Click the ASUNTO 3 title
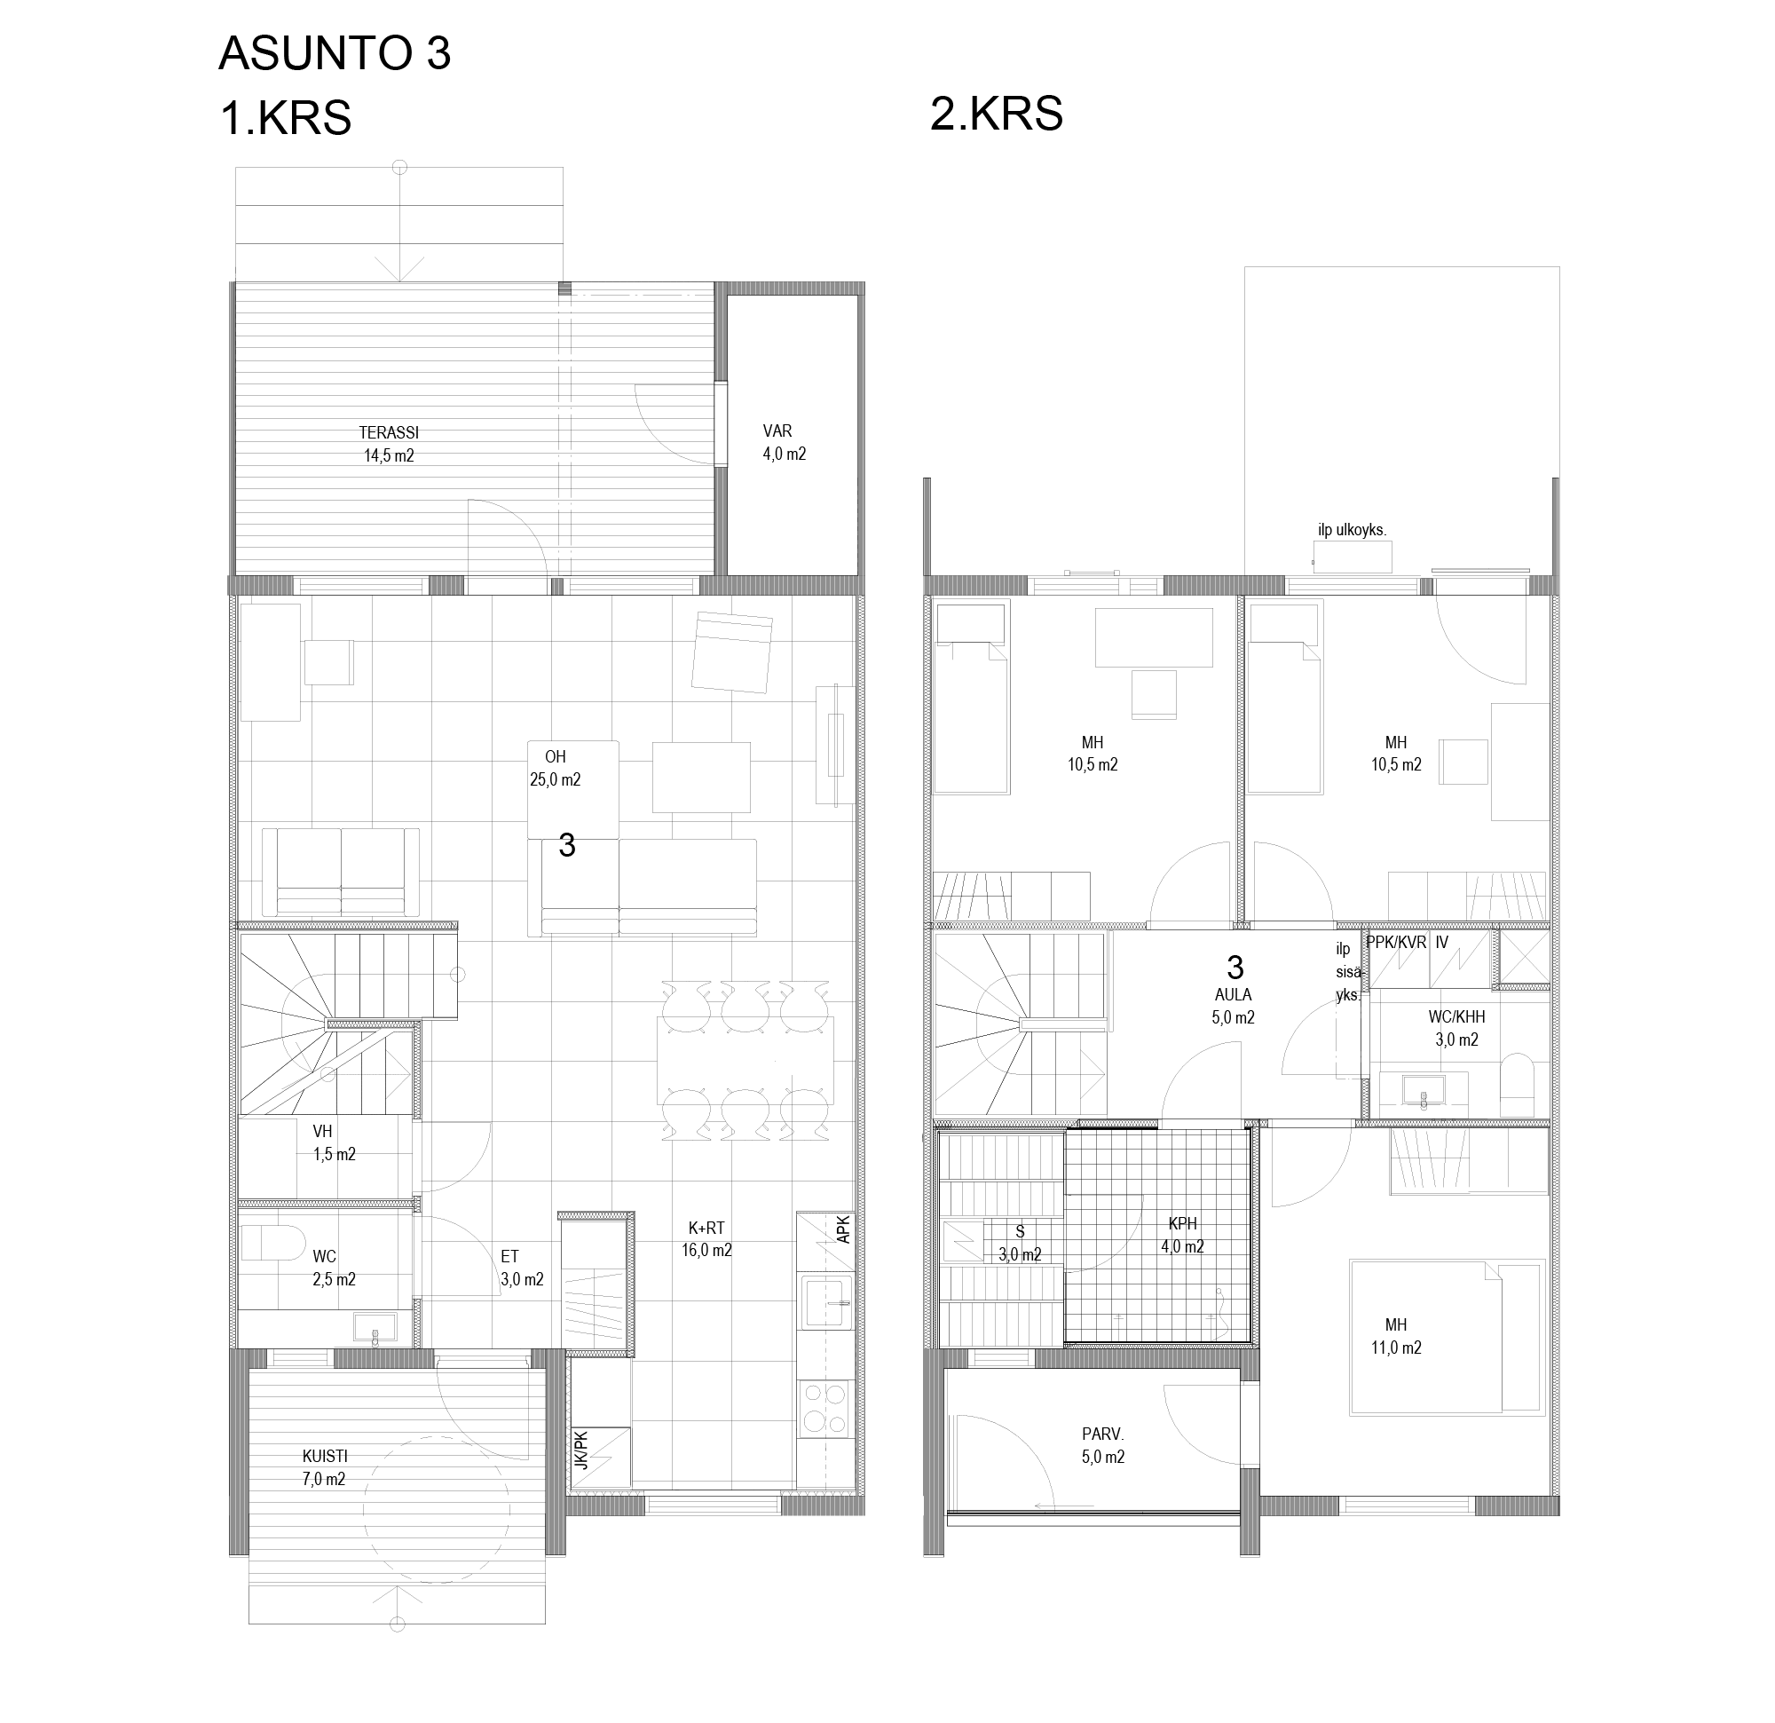click(335, 53)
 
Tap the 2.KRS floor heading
click(996, 115)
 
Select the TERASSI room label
click(389, 444)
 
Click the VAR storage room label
click(784, 443)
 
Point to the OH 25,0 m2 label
click(556, 768)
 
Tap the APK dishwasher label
click(843, 1229)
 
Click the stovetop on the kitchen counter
click(826, 1409)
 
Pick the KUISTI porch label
click(324, 1467)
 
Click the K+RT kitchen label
click(706, 1239)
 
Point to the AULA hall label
click(1233, 1006)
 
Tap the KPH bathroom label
click(1183, 1235)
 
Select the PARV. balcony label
click(1103, 1446)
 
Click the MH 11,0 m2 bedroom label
click(1395, 1336)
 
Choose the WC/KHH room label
click(1456, 1028)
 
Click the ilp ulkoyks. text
click(1352, 530)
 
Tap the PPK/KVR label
click(1396, 942)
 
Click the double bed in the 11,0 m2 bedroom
click(1446, 1336)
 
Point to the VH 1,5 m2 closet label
click(335, 1142)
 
